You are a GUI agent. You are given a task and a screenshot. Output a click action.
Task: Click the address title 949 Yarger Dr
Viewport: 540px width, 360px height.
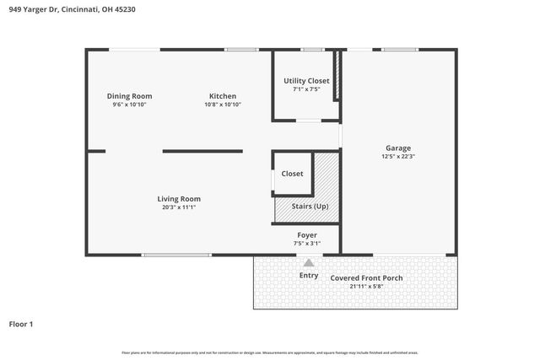72,9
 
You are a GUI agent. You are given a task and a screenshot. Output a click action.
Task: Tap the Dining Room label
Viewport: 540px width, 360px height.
129,96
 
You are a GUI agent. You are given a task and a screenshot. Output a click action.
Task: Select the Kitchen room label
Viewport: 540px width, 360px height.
222,96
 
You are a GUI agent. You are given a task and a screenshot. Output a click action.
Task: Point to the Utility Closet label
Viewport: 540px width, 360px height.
306,80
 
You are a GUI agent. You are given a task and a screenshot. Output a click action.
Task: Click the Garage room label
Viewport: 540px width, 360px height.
398,148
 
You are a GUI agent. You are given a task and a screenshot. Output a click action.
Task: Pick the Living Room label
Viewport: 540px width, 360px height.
179,199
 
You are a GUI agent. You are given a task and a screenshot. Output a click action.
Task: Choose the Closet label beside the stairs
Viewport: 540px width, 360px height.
292,174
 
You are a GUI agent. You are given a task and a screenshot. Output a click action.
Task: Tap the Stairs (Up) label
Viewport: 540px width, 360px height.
310,207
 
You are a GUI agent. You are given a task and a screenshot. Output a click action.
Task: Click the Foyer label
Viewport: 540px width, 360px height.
307,234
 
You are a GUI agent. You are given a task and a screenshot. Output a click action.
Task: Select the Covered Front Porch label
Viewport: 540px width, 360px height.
366,277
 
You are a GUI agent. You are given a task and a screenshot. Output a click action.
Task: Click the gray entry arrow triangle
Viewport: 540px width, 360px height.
309,263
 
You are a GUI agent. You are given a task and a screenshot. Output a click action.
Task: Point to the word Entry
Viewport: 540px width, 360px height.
309,276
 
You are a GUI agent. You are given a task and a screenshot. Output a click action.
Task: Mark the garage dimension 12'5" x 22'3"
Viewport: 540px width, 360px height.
398,156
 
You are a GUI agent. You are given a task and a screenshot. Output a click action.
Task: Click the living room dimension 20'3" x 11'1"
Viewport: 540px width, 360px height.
179,207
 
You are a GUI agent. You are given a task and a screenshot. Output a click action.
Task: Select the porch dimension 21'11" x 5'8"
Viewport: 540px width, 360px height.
366,286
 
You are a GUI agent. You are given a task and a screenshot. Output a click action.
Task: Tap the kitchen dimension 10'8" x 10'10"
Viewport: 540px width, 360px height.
223,105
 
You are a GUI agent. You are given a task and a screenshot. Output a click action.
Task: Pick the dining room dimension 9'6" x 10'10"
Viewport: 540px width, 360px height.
129,105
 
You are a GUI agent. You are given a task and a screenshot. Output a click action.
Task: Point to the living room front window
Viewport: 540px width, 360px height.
176,255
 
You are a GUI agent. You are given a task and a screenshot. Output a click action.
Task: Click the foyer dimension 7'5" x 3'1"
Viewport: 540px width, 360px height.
307,243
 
